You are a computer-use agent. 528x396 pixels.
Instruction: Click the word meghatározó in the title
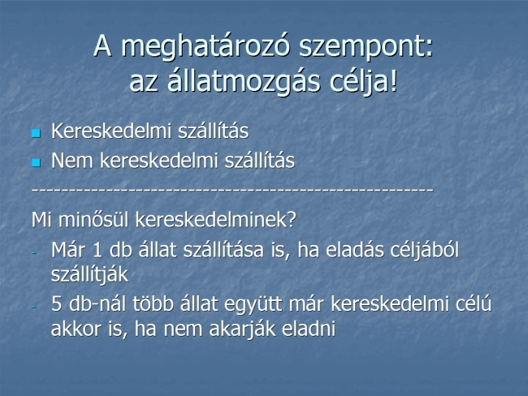click(x=205, y=46)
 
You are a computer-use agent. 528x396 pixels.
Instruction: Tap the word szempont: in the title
click(x=366, y=47)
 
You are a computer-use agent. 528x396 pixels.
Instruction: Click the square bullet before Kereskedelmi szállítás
click(x=36, y=134)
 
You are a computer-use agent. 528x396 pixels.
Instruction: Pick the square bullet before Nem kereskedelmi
click(x=36, y=163)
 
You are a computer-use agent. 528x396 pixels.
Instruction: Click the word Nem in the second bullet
click(x=71, y=161)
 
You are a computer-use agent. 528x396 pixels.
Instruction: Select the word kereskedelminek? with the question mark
click(x=215, y=220)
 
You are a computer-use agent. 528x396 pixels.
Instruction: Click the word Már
click(x=69, y=250)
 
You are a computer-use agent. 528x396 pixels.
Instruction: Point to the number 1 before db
click(x=97, y=250)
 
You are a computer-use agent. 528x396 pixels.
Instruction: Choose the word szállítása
click(x=223, y=250)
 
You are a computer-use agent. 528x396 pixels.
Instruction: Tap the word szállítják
click(x=89, y=274)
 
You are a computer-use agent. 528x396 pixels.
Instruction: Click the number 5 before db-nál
click(x=56, y=303)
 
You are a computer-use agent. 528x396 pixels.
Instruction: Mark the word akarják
click(x=242, y=329)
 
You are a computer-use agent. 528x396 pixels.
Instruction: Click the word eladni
click(x=309, y=329)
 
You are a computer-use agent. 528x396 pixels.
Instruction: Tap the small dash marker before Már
click(x=33, y=252)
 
